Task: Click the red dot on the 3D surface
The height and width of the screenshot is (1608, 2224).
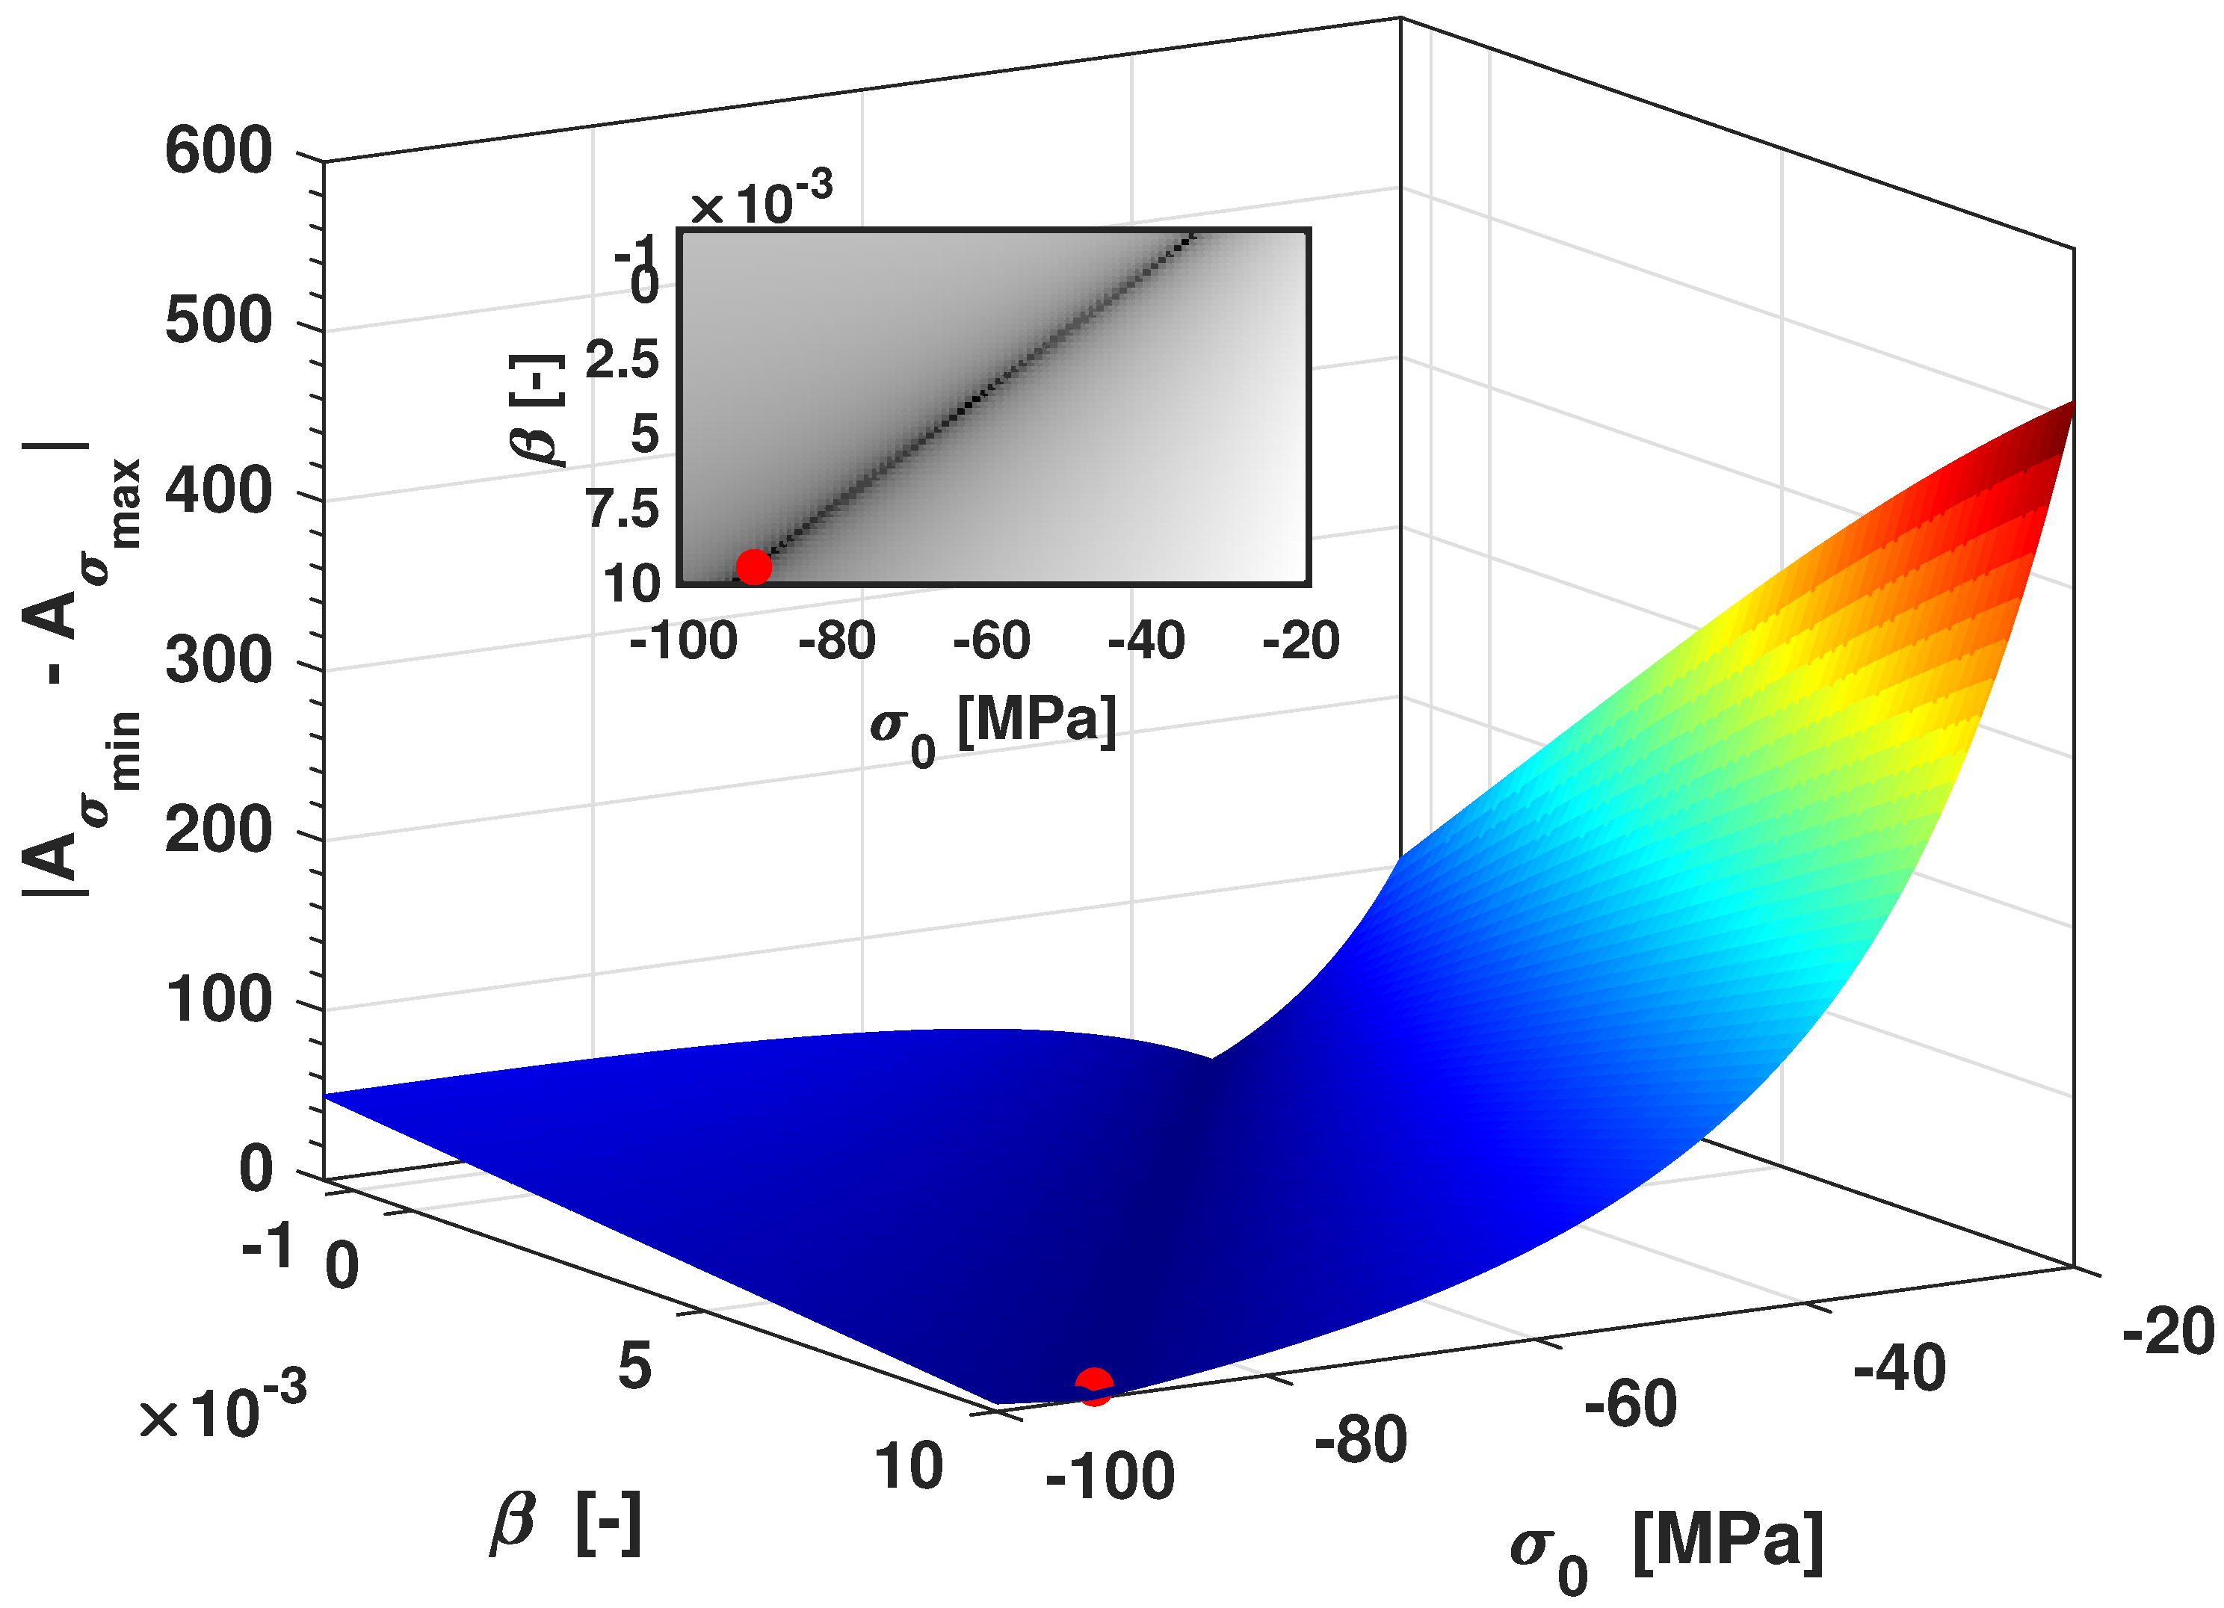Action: (x=1093, y=1385)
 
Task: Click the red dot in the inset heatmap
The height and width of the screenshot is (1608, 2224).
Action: (x=753, y=566)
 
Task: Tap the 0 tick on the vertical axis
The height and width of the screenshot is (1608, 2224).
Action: (x=256, y=1169)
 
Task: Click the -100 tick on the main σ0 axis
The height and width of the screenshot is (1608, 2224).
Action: (x=1110, y=1476)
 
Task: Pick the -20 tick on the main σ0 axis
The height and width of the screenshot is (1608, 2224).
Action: (x=2167, y=1332)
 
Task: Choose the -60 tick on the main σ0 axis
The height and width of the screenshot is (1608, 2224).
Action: (x=1630, y=1404)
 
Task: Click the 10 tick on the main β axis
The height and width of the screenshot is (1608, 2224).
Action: (x=908, y=1467)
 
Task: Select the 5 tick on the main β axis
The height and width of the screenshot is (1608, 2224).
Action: (x=634, y=1365)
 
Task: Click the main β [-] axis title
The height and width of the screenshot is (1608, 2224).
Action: (x=566, y=1524)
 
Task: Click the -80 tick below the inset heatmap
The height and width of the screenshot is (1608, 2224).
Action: (x=836, y=642)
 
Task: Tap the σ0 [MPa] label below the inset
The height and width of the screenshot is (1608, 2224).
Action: (x=992, y=726)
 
